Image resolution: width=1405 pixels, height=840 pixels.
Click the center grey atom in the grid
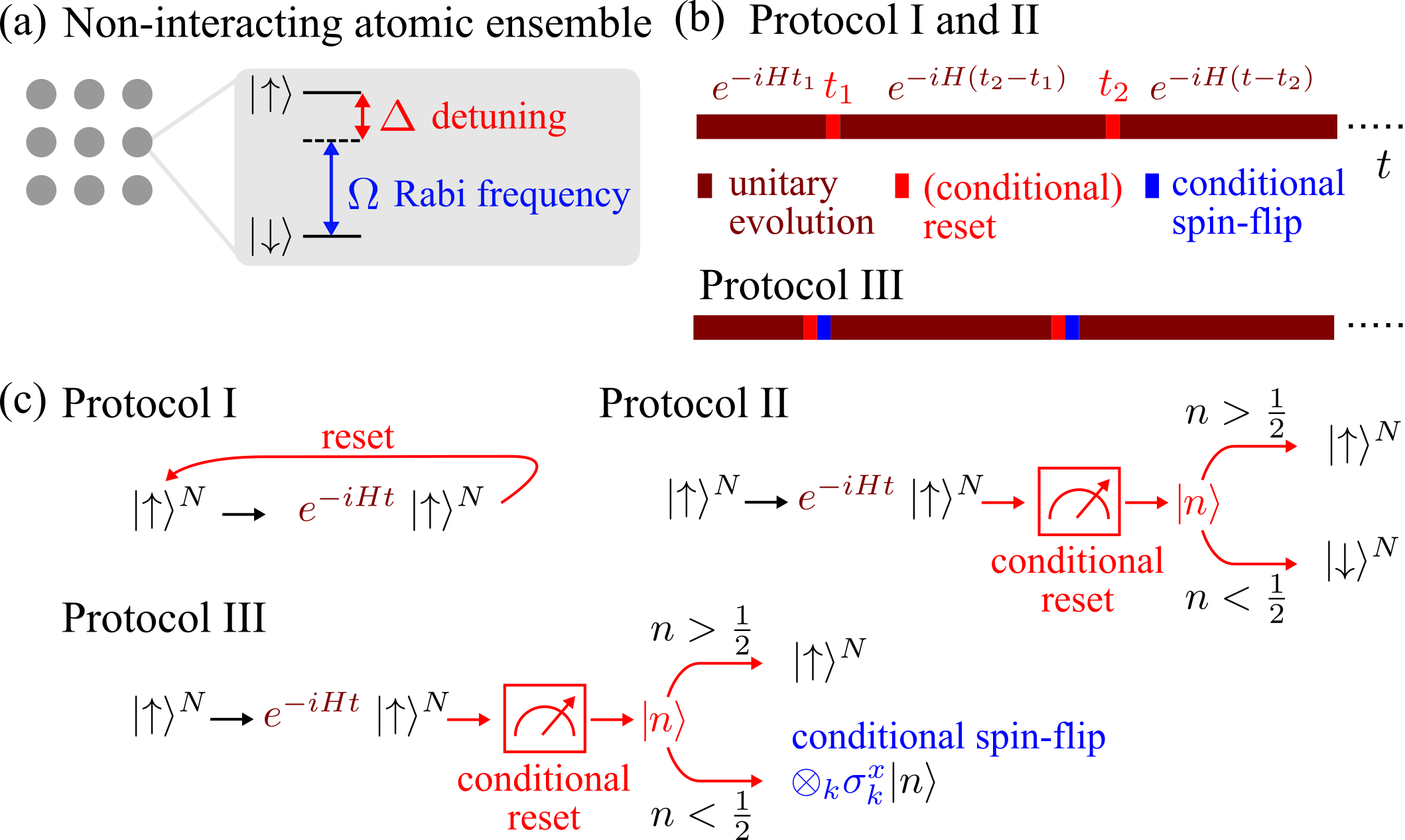[89, 142]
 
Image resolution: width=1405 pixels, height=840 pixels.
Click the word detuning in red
[499, 117]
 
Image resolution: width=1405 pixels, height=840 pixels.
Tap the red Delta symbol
[398, 117]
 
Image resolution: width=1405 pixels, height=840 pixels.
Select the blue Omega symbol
[364, 194]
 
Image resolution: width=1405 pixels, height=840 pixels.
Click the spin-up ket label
[270, 94]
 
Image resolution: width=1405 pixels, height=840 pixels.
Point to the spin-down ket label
[270, 236]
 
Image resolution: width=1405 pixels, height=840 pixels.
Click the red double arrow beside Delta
[362, 116]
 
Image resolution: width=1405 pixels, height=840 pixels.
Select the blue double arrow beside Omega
[332, 188]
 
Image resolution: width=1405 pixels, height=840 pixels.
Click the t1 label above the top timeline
[837, 86]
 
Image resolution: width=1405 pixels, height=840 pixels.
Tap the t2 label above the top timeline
[1113, 86]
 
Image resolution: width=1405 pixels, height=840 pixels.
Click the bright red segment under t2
[1112, 127]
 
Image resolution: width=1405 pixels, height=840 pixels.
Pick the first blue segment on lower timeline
[823, 328]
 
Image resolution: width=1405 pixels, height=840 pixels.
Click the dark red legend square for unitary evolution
[704, 186]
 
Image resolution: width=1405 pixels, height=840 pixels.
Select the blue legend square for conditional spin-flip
[1152, 186]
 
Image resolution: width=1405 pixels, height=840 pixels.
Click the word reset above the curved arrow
[358, 437]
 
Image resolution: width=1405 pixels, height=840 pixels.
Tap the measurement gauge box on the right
[1079, 502]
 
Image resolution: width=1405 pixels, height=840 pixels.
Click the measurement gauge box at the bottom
[544, 719]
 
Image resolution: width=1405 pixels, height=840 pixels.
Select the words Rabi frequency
[511, 194]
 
